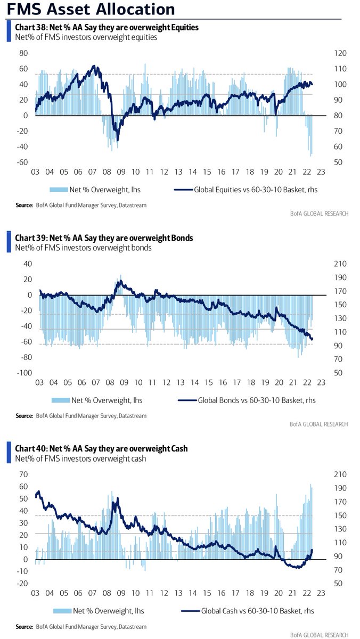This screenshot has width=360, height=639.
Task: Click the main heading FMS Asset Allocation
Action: [91, 9]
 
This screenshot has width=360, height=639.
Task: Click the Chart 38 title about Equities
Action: [107, 27]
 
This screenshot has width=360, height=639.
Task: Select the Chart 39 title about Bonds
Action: [104, 238]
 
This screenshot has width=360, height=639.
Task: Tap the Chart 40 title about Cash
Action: [101, 448]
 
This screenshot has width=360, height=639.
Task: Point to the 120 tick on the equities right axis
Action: [340, 53]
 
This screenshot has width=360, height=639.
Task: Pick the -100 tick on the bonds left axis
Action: [24, 373]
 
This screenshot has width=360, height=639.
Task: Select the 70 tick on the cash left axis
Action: [23, 474]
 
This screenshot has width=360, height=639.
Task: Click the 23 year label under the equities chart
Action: [321, 172]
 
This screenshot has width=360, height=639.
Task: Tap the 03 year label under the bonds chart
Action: [39, 382]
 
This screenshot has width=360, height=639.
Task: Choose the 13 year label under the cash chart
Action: [178, 593]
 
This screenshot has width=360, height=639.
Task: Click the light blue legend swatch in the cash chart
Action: [62, 611]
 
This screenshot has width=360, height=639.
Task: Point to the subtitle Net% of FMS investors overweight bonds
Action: [83, 248]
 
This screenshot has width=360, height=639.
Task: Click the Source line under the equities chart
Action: [81, 205]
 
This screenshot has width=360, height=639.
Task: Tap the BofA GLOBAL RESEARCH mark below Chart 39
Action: [318, 424]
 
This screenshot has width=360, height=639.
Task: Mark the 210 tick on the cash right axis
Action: [340, 474]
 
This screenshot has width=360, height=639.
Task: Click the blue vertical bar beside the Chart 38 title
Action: [9, 31]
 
